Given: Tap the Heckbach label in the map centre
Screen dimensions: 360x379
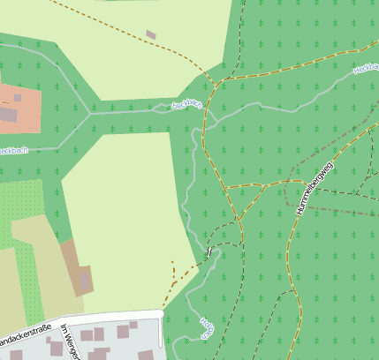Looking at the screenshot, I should click(x=186, y=105).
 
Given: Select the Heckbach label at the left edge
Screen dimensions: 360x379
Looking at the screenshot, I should click(x=12, y=151).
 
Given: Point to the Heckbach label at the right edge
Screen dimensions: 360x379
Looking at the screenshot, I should click(x=365, y=67).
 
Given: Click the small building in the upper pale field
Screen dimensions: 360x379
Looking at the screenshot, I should click(x=151, y=34).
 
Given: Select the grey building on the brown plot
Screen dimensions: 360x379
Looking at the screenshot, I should click(x=85, y=281).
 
